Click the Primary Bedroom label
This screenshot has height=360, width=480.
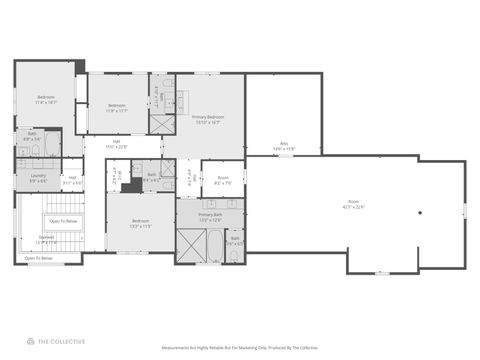pyautogui.click(x=208, y=119)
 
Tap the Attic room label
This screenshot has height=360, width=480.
pyautogui.click(x=284, y=146)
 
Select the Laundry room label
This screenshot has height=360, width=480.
pyautogui.click(x=25, y=177)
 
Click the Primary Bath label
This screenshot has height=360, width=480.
pyautogui.click(x=209, y=217)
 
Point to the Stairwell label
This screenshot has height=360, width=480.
pyautogui.click(x=47, y=241)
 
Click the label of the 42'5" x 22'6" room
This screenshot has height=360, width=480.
pyautogui.click(x=355, y=205)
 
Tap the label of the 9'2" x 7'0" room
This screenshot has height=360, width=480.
pyautogui.click(x=223, y=182)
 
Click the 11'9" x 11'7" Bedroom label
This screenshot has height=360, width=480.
pyautogui.click(x=117, y=107)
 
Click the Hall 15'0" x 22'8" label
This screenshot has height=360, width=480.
pyautogui.click(x=117, y=144)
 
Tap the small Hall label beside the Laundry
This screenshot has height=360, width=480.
pyautogui.click(x=73, y=180)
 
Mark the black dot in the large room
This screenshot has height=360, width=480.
pyautogui.click(x=420, y=212)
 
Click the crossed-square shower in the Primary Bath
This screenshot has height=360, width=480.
pyautogui.click(x=191, y=246)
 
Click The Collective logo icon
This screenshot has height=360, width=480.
pyautogui.click(x=16, y=341)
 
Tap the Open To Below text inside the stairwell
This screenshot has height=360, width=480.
pyautogui.click(x=62, y=221)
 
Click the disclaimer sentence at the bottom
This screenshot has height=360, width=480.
pyautogui.click(x=240, y=348)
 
